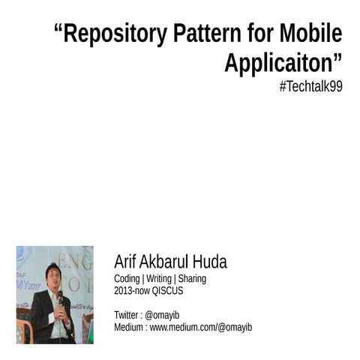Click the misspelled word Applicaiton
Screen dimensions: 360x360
[x=281, y=63]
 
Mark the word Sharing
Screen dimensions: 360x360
[x=192, y=279]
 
